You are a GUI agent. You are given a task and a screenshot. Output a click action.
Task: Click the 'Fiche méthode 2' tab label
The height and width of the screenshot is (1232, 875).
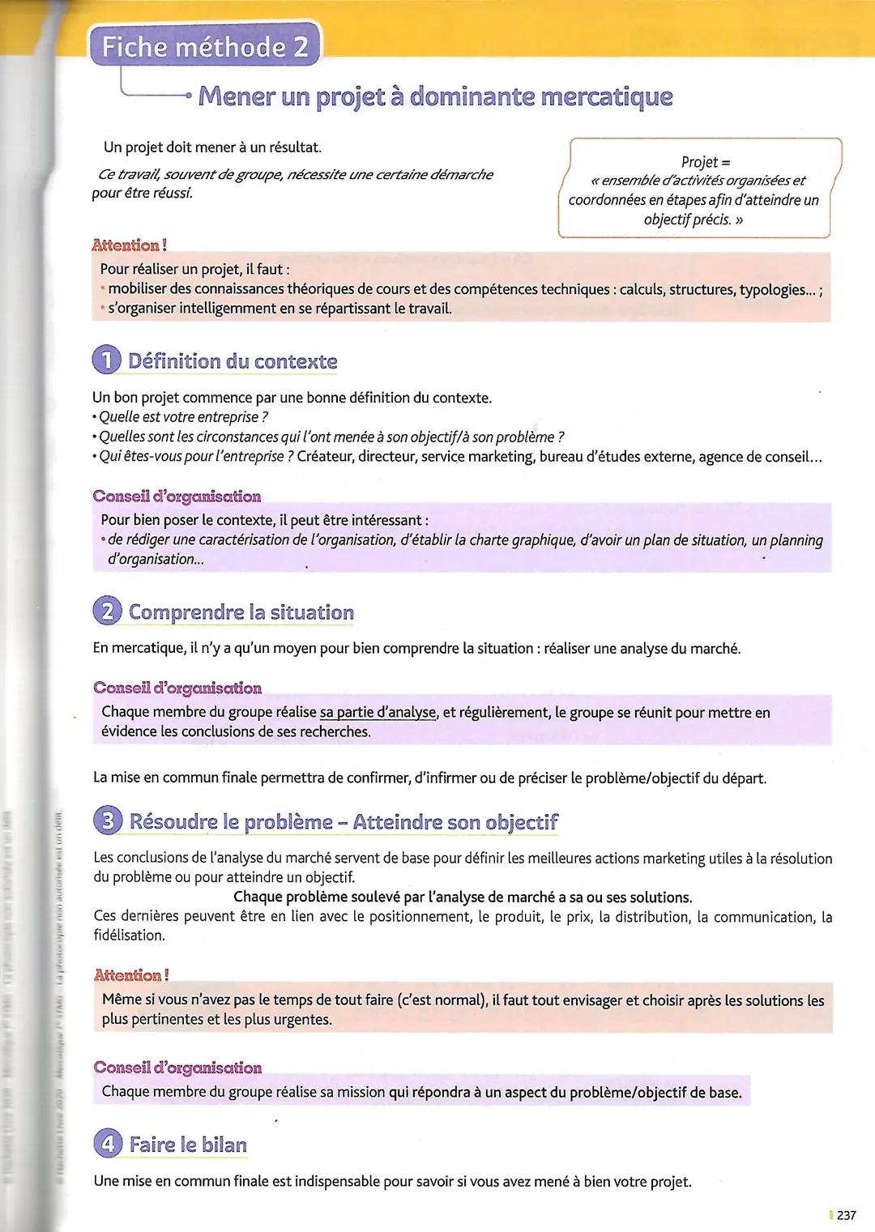(x=207, y=47)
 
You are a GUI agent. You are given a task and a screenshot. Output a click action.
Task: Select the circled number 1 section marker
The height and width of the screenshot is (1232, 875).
(x=107, y=361)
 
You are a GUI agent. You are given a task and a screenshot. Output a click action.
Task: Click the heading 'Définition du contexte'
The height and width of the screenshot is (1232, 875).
(x=233, y=361)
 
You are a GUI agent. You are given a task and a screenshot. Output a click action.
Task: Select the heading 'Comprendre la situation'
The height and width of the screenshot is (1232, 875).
(x=241, y=612)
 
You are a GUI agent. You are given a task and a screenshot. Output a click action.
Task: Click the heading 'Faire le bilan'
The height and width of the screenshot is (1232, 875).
(x=188, y=1145)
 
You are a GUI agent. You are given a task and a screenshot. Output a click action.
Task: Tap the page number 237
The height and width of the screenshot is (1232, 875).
(x=846, y=1215)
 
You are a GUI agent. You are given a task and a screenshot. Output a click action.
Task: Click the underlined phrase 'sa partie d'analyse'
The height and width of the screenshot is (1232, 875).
(x=378, y=713)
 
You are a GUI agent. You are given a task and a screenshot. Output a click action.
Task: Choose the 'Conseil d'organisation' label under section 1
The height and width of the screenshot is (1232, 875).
(x=177, y=496)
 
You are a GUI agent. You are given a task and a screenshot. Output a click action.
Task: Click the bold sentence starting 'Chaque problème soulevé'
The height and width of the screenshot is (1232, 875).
(x=463, y=897)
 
